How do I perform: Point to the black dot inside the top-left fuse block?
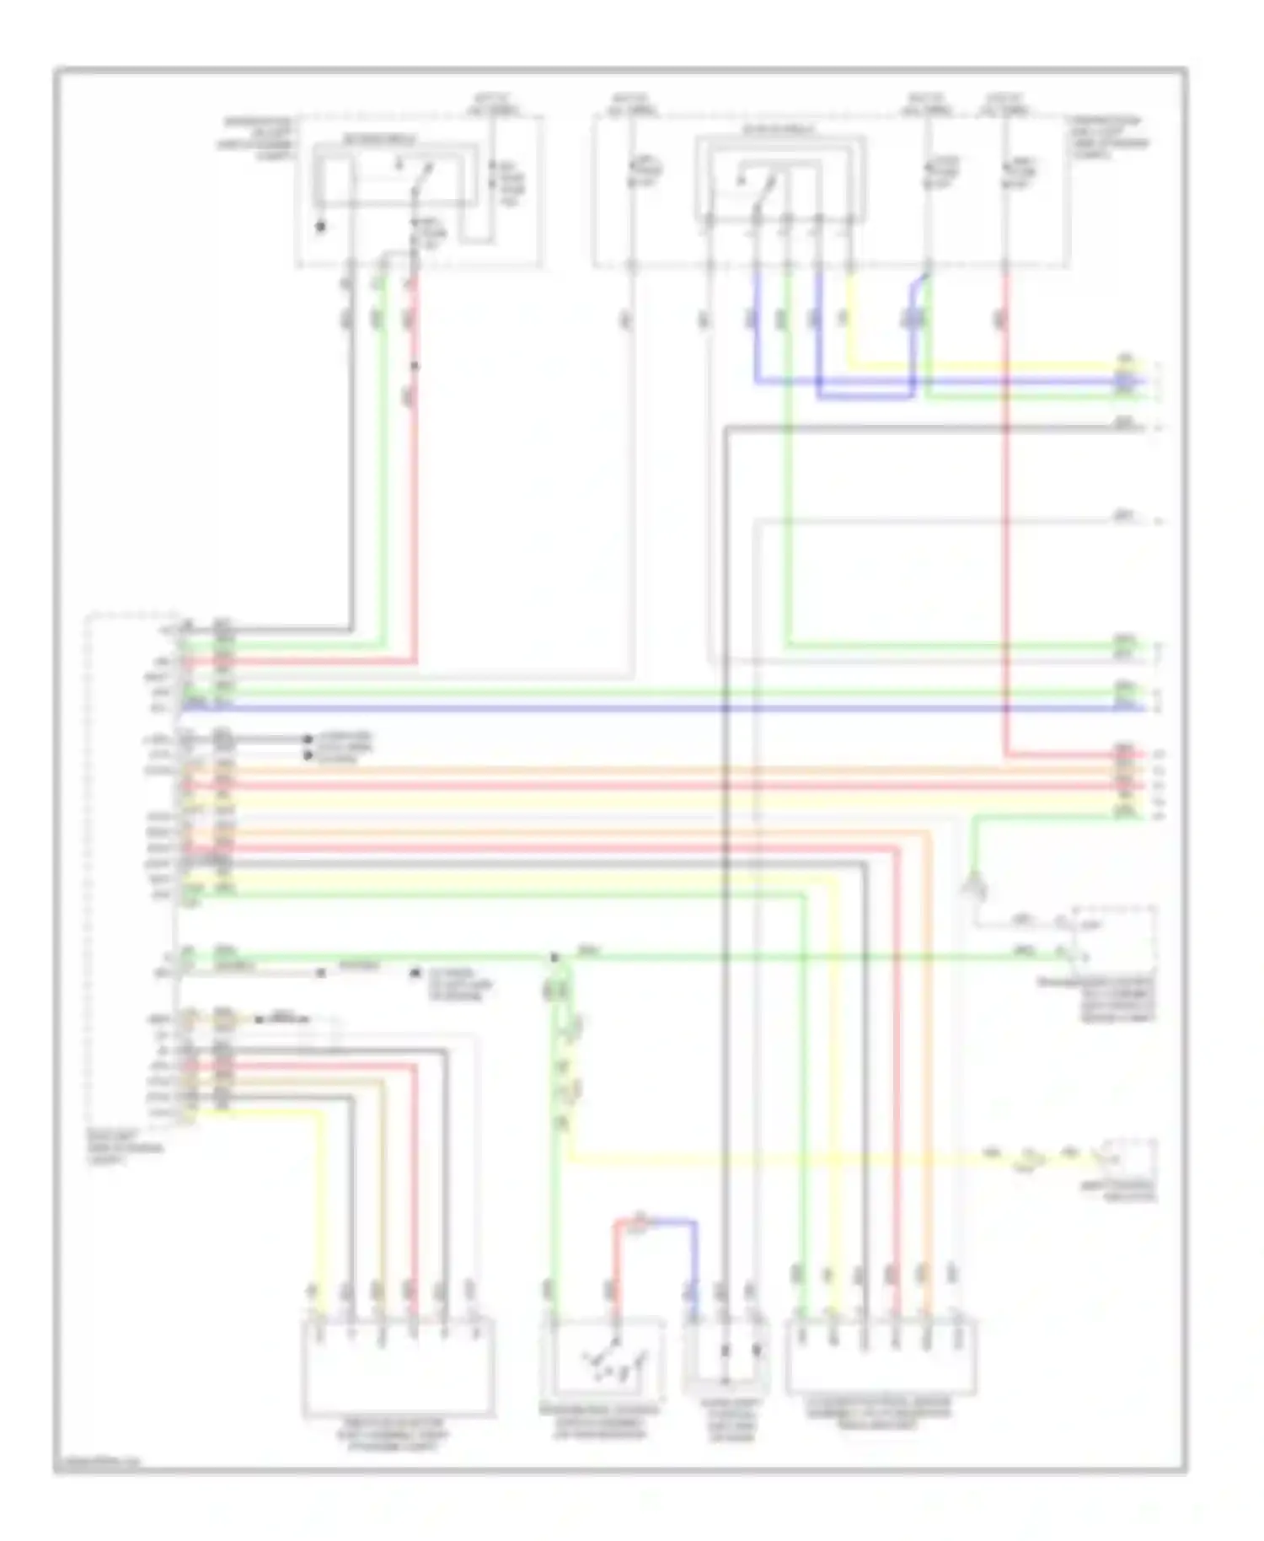click(320, 226)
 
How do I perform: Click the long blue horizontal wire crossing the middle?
click(657, 708)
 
